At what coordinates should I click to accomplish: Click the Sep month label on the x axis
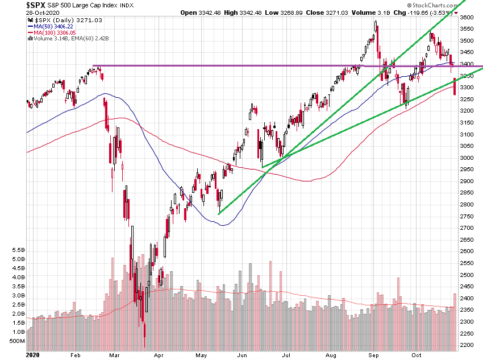374,354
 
